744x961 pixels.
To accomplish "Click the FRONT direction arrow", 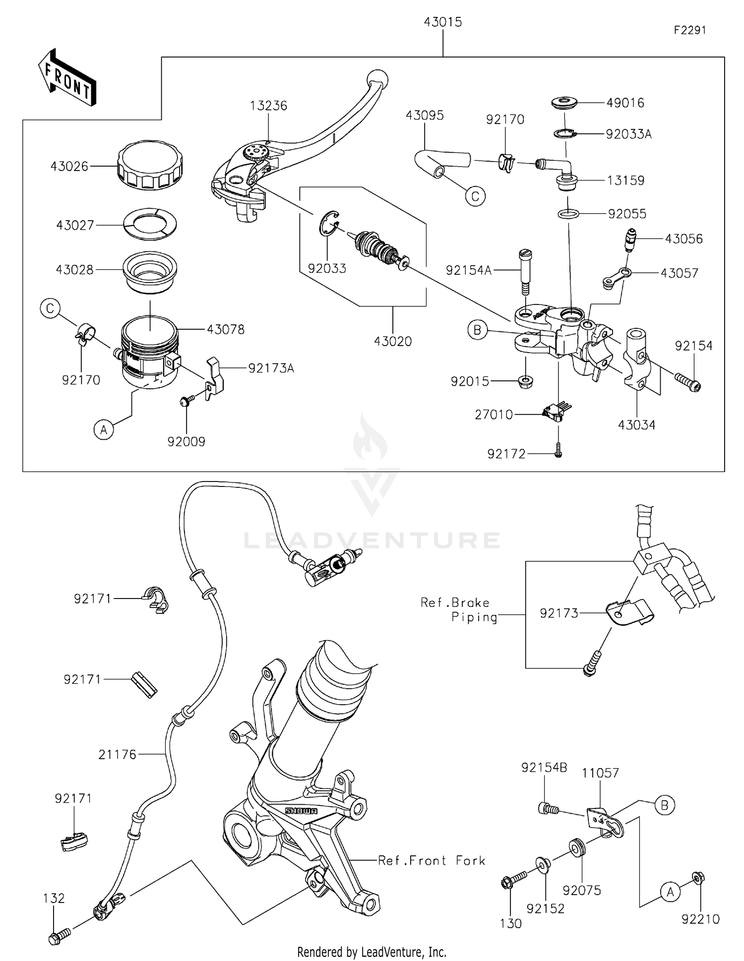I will (67, 79).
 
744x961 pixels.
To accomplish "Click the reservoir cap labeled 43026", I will (150, 166).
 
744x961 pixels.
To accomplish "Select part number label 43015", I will (442, 22).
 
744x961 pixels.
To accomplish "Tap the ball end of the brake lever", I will (377, 79).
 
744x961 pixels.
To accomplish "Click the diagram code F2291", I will (690, 30).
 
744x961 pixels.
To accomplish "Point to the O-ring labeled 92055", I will (568, 214).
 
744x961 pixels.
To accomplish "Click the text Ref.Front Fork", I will (432, 860).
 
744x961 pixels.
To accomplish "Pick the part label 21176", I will (117, 755).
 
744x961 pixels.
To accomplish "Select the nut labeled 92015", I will (526, 382).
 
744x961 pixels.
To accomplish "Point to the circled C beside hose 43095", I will (475, 197).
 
